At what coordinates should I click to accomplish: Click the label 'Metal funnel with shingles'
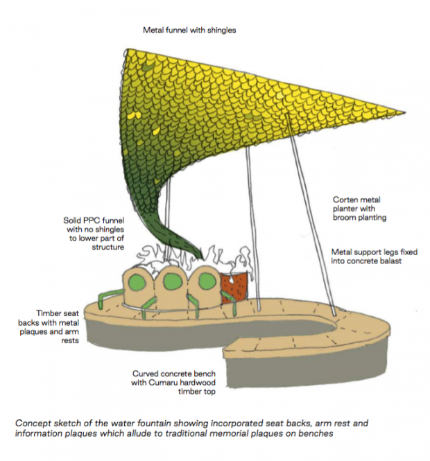190,31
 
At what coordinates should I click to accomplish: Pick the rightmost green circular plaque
205,280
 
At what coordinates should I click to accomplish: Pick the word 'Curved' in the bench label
146,374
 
